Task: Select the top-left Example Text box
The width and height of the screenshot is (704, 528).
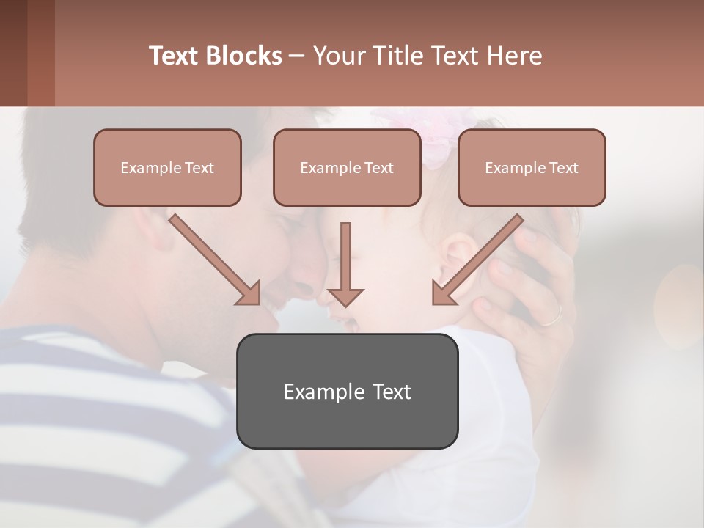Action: pos(167,167)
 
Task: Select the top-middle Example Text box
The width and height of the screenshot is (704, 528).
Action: pos(347,167)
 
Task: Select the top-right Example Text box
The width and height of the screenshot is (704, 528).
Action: pos(532,167)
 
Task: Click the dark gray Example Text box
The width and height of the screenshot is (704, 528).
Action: pos(347,391)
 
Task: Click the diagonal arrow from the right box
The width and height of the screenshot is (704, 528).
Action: pos(477,260)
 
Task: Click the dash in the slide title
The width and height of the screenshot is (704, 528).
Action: pos(297,56)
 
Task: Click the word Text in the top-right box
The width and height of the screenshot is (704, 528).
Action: pos(564,167)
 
